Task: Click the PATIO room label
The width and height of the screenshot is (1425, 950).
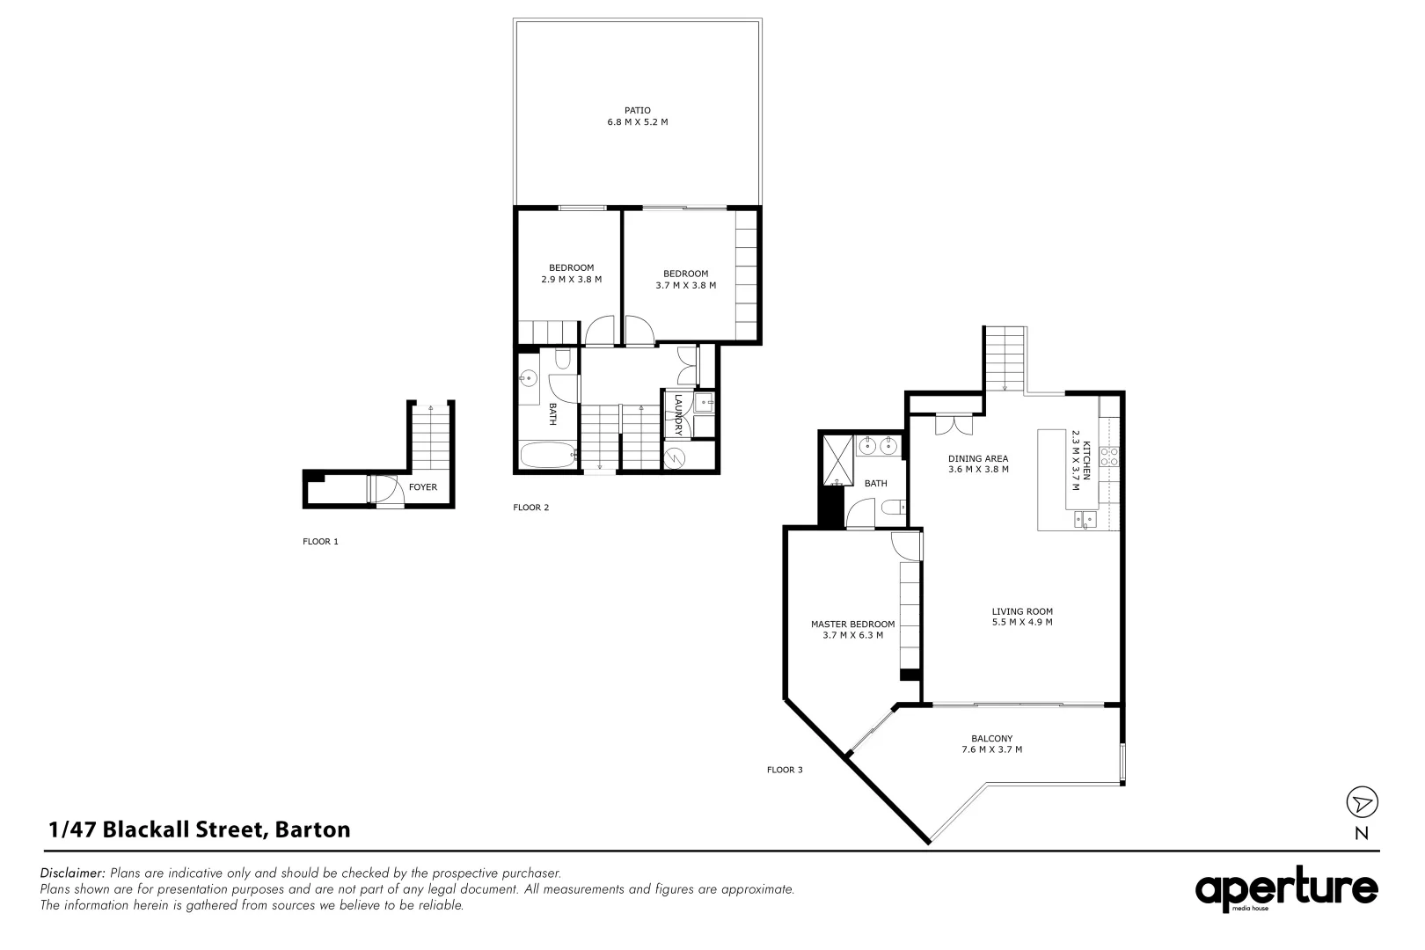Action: tap(637, 110)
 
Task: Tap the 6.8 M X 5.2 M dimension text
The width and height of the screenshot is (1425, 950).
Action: tap(637, 122)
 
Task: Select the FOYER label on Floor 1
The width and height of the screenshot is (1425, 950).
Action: tap(422, 487)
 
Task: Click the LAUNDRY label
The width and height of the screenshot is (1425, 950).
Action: tap(678, 414)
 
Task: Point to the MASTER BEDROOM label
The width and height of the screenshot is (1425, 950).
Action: tap(852, 625)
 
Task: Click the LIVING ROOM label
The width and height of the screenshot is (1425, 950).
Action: tap(1021, 611)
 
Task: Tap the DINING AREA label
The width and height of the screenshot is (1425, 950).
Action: tap(977, 458)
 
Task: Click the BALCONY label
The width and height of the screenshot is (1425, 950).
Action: tap(991, 739)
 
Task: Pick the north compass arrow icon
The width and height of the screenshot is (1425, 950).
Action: tap(1362, 802)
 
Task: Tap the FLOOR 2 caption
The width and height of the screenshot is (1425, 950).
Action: tap(531, 508)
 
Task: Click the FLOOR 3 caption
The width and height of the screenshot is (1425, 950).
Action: tap(785, 770)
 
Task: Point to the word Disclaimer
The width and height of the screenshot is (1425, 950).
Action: tap(73, 873)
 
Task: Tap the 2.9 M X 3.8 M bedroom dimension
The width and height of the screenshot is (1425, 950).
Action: tap(571, 280)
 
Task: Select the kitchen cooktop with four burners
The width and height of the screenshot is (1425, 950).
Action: tap(1110, 456)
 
